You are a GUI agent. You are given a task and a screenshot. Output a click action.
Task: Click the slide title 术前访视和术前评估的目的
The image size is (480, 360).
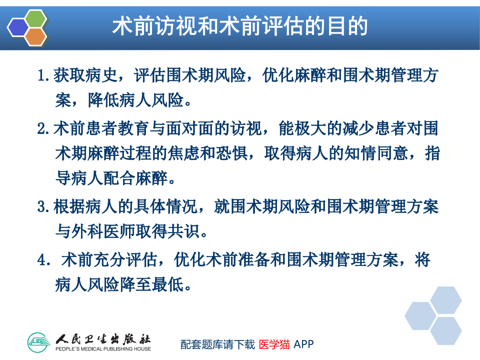[x=239, y=26]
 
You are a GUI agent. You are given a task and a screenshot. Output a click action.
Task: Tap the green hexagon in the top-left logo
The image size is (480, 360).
[x=36, y=18]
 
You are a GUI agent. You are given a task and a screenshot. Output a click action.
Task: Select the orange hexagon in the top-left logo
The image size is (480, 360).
[x=35, y=36]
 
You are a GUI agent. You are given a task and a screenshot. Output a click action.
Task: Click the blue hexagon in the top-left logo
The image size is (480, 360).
[x=18, y=27]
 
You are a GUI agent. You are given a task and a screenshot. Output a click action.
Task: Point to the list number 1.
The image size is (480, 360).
[x=43, y=76]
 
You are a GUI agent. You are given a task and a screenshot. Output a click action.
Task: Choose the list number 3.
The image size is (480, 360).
[x=43, y=206]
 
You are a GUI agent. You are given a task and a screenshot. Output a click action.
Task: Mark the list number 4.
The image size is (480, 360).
[x=43, y=260]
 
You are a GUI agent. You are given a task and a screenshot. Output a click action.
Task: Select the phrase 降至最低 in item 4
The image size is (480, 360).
[x=153, y=285]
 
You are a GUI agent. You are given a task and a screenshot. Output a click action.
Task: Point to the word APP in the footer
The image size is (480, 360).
[x=303, y=344]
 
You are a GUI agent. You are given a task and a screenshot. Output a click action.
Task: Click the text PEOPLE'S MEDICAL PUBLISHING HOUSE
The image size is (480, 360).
[x=103, y=348]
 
